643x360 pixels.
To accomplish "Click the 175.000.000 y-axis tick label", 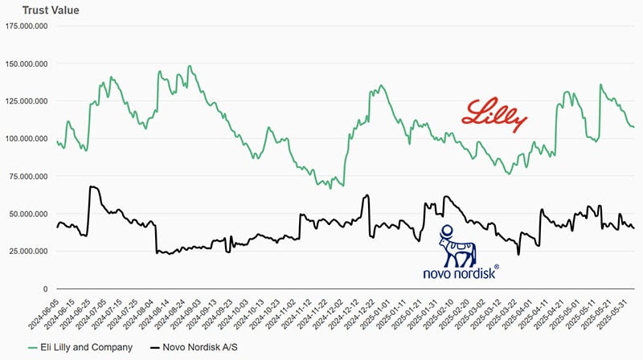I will tap(27, 26).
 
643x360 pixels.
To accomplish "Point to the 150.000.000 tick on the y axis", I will tap(27, 63).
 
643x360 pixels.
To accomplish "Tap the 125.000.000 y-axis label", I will tap(27, 101).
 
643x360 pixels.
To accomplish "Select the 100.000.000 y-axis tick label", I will tap(27, 138).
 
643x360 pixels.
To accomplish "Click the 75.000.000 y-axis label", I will tap(29, 176).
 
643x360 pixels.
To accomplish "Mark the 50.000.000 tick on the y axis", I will tap(29, 214).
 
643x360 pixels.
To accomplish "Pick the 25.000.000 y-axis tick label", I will tap(29, 252).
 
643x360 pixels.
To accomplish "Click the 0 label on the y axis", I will tap(46, 288).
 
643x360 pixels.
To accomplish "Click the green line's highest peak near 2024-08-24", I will tap(190, 66).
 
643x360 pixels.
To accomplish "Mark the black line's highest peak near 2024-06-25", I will tap(92, 186).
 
